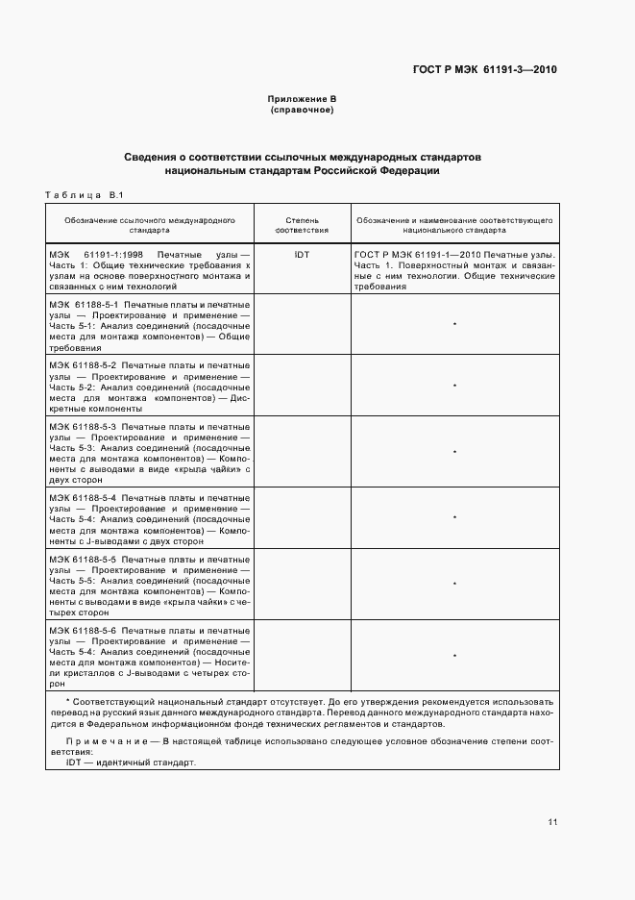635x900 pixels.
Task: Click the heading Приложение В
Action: pyautogui.click(x=302, y=100)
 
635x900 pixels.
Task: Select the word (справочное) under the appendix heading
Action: pyautogui.click(x=302, y=111)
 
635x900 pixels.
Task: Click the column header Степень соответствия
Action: pyautogui.click(x=302, y=226)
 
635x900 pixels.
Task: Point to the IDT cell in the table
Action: pyautogui.click(x=302, y=256)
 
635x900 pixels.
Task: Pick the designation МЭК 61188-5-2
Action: pyautogui.click(x=83, y=365)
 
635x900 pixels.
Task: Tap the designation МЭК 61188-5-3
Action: pyautogui.click(x=83, y=426)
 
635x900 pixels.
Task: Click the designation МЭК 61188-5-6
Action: pyautogui.click(x=83, y=629)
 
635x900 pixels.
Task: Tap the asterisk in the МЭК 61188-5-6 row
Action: pyautogui.click(x=453, y=656)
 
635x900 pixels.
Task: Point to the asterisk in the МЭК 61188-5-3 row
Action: pyautogui.click(x=453, y=452)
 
